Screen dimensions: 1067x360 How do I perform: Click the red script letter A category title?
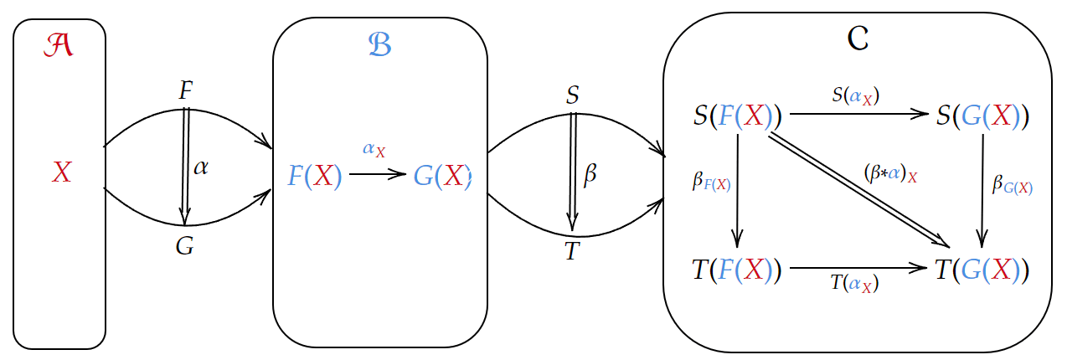click(59, 47)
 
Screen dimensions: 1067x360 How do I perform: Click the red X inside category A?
click(61, 173)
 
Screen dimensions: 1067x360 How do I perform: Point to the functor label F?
click(186, 90)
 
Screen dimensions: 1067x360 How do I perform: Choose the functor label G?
click(185, 246)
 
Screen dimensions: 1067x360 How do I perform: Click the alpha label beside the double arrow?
click(201, 167)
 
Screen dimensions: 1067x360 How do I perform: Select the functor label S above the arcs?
click(573, 95)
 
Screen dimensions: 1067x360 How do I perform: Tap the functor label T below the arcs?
click(572, 250)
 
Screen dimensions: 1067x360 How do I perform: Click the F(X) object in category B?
click(315, 177)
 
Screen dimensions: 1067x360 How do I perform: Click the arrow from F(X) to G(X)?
click(378, 174)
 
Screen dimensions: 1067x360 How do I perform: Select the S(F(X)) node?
click(737, 116)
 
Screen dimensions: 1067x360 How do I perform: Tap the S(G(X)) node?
click(982, 116)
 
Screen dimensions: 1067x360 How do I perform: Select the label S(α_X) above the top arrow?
click(855, 95)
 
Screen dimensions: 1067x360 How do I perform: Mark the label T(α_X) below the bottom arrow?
click(855, 283)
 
